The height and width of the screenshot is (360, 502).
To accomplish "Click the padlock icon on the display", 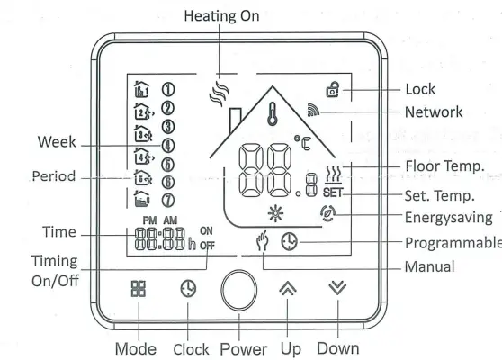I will coord(333,90).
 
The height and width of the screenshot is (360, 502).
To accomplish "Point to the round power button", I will coord(239,291).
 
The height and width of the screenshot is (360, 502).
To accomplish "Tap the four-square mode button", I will coord(139,290).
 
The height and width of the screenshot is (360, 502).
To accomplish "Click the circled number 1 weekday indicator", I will coord(167,88).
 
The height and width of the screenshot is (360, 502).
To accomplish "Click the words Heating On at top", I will coord(221,16).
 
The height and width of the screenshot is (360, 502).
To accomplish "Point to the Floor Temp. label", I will coord(444,166).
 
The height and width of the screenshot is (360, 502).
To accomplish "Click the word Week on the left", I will coord(57,142).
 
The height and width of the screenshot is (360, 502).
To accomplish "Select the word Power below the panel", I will coord(242,347).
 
